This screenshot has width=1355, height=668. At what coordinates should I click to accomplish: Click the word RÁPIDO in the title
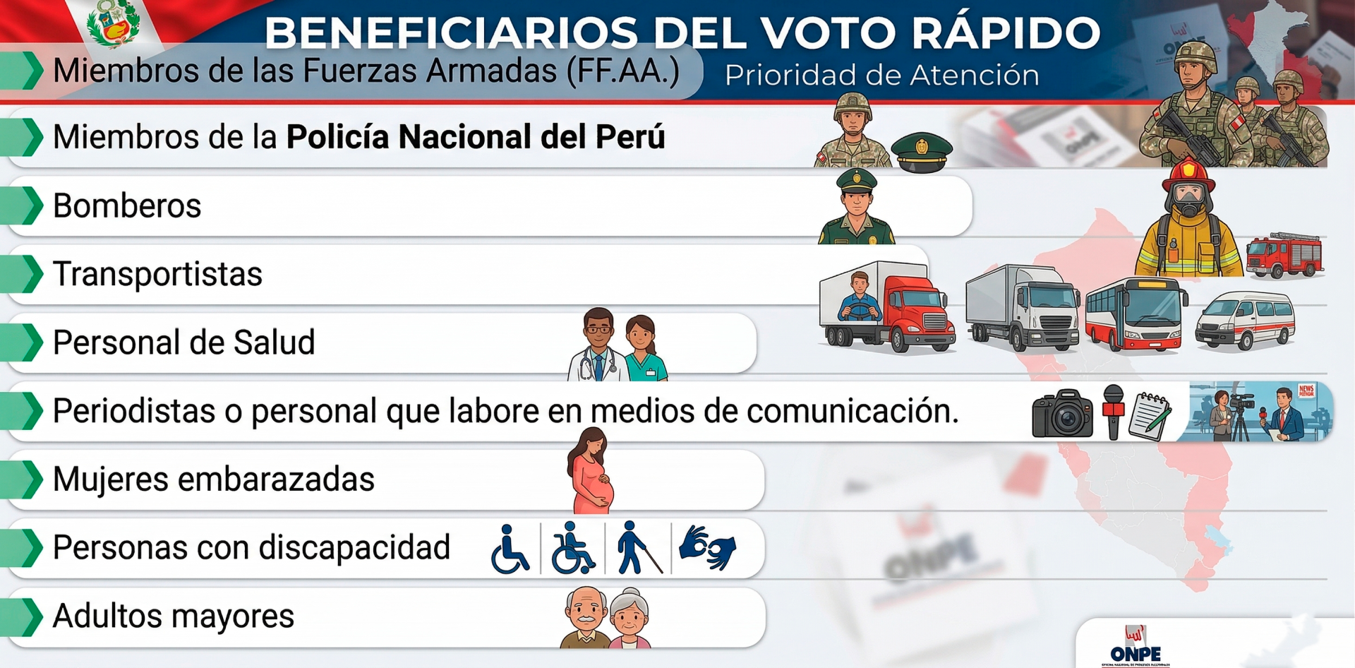[1005, 32]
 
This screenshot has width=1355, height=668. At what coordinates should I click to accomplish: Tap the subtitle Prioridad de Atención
[881, 76]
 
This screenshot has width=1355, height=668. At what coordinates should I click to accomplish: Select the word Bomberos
[127, 206]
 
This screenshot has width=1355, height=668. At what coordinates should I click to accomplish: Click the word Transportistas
[157, 274]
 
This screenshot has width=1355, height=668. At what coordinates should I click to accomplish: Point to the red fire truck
[1284, 255]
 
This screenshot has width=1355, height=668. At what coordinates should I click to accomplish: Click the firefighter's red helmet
[1188, 174]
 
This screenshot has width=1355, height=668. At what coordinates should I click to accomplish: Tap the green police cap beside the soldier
[921, 151]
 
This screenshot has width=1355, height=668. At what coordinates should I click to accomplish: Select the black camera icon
[1062, 414]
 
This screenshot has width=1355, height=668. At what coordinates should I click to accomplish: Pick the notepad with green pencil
[1150, 416]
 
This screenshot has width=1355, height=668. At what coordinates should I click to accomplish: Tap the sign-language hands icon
[707, 547]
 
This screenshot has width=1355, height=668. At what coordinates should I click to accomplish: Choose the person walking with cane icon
[637, 547]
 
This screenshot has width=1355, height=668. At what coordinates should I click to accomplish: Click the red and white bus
[1135, 314]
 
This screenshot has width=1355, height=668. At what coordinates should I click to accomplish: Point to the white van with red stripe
[1245, 321]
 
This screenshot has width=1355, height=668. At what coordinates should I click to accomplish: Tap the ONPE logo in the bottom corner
[1136, 646]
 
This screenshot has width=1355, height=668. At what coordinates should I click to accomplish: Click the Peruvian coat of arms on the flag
[113, 23]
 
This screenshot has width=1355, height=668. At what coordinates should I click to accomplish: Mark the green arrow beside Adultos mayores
[28, 616]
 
